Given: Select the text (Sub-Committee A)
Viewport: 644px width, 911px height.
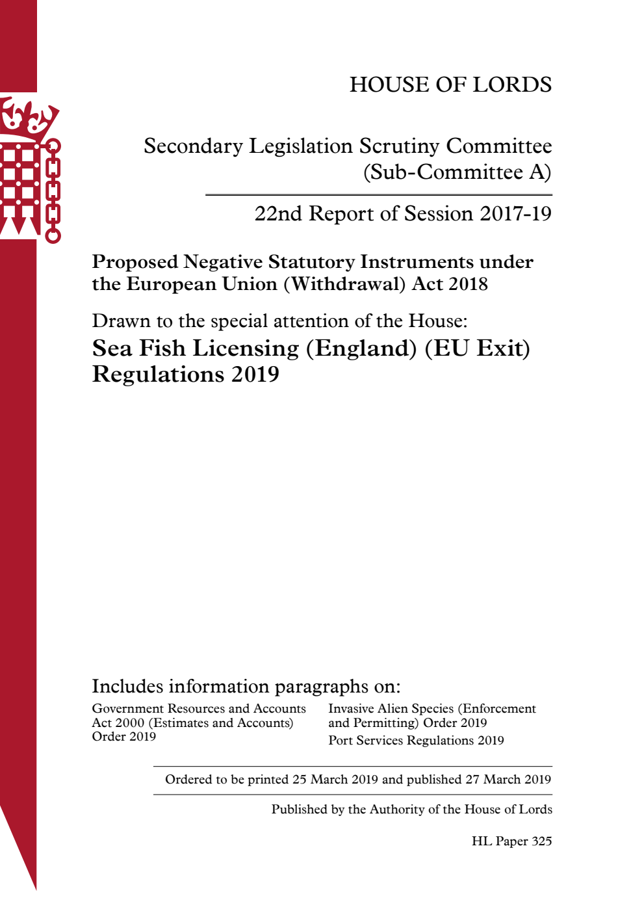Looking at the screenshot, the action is [x=457, y=172].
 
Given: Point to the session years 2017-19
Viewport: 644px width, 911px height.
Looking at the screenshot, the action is [x=515, y=214].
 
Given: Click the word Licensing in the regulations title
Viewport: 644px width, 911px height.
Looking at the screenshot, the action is [x=246, y=349].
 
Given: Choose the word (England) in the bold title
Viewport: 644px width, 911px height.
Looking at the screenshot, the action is [x=361, y=349].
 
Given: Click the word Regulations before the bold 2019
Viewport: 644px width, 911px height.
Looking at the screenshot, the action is [x=158, y=375].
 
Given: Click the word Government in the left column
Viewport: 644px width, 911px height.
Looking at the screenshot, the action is [x=127, y=709].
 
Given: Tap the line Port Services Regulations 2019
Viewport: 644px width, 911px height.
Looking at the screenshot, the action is [x=416, y=741].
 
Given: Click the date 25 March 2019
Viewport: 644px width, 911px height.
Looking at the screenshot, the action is [x=335, y=780].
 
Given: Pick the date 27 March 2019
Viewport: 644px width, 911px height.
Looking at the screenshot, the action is [x=508, y=780].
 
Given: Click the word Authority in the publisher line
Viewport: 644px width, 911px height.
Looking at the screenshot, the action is [x=397, y=810].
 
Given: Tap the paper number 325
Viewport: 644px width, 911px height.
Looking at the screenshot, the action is [x=541, y=841].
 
